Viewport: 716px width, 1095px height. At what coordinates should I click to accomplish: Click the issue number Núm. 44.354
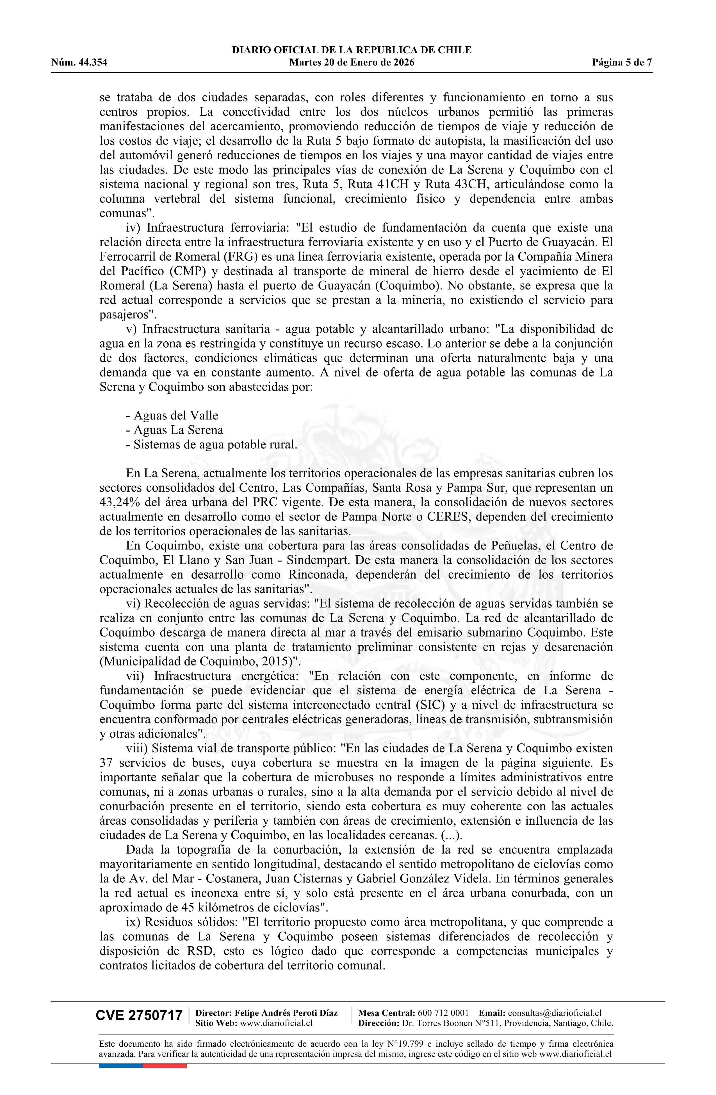[79, 63]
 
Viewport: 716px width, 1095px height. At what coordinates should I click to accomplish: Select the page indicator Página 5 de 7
[622, 63]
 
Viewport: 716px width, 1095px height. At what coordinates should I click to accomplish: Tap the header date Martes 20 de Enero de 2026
[352, 63]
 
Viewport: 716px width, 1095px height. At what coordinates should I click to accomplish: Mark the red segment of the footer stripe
[165, 1066]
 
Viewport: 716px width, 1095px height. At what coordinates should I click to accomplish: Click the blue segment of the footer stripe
[120, 1066]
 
